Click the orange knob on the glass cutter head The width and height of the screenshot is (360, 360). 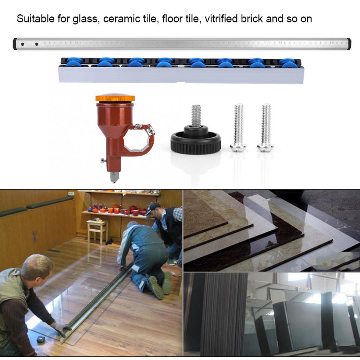pos(115,98)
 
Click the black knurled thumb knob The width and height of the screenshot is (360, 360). pos(196,141)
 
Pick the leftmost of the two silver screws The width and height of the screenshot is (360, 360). pos(238,128)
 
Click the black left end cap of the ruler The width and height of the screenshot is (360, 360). pos(15,44)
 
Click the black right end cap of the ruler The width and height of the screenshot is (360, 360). pos(349,44)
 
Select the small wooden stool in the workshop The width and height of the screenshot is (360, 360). pos(97,230)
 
